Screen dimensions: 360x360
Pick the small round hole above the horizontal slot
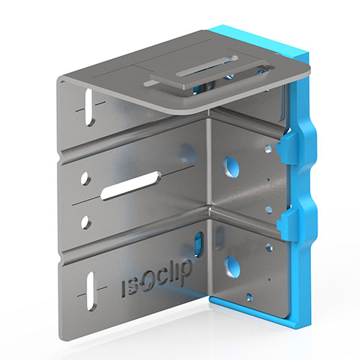86,176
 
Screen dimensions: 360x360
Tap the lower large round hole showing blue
232,266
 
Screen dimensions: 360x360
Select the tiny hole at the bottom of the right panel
248,295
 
